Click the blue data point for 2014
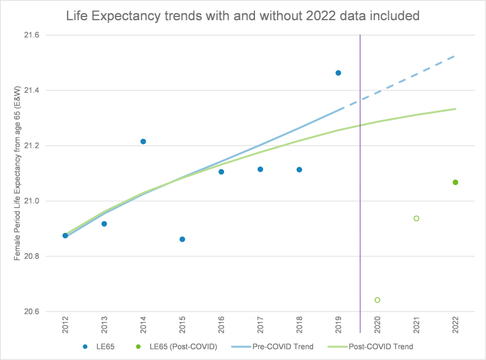[x=143, y=141]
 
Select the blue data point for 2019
[x=338, y=73]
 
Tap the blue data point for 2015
[x=182, y=239]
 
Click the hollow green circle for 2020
[x=377, y=300]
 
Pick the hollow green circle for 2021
[x=417, y=219]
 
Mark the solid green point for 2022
[x=456, y=183]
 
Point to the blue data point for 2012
[x=65, y=236]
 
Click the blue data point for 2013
[x=104, y=224]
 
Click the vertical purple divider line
[x=360, y=189]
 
